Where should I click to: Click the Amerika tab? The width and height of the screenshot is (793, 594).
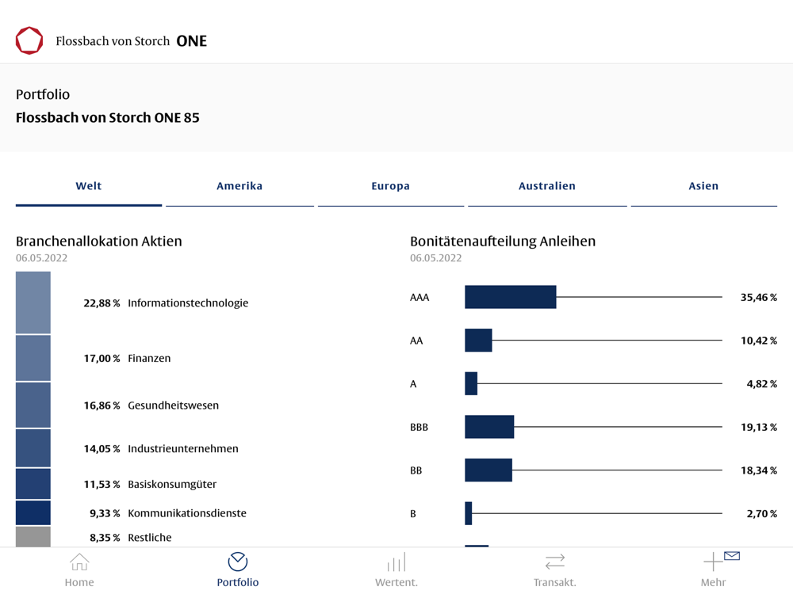click(x=239, y=186)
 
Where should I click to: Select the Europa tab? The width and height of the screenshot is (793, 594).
click(x=390, y=186)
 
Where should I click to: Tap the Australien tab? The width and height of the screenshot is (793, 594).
click(x=546, y=186)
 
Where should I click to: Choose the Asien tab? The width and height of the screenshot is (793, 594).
click(x=703, y=186)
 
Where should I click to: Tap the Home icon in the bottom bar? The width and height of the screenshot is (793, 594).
click(x=79, y=562)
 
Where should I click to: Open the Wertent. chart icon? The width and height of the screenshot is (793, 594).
click(x=396, y=562)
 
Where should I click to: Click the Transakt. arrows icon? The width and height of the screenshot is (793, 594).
click(x=555, y=562)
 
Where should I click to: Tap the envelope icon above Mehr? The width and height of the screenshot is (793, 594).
click(x=732, y=556)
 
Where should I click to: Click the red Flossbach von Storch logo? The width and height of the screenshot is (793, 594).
click(x=29, y=40)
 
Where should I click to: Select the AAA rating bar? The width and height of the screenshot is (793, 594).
click(x=510, y=297)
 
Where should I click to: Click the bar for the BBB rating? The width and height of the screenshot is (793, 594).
click(x=489, y=427)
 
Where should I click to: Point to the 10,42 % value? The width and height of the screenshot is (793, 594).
click(x=758, y=341)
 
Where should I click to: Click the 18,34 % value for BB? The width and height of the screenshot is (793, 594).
click(x=758, y=470)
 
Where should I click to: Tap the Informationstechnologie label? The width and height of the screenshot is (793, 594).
click(x=188, y=303)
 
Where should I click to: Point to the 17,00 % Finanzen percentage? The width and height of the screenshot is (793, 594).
click(x=102, y=358)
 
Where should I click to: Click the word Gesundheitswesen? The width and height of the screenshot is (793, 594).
click(x=173, y=405)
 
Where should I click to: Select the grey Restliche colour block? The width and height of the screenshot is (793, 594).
click(x=33, y=537)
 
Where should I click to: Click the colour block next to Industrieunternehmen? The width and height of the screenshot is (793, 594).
click(x=33, y=448)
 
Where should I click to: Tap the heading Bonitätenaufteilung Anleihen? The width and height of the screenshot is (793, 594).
click(x=503, y=241)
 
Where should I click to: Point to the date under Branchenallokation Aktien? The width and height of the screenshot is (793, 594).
click(x=42, y=258)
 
